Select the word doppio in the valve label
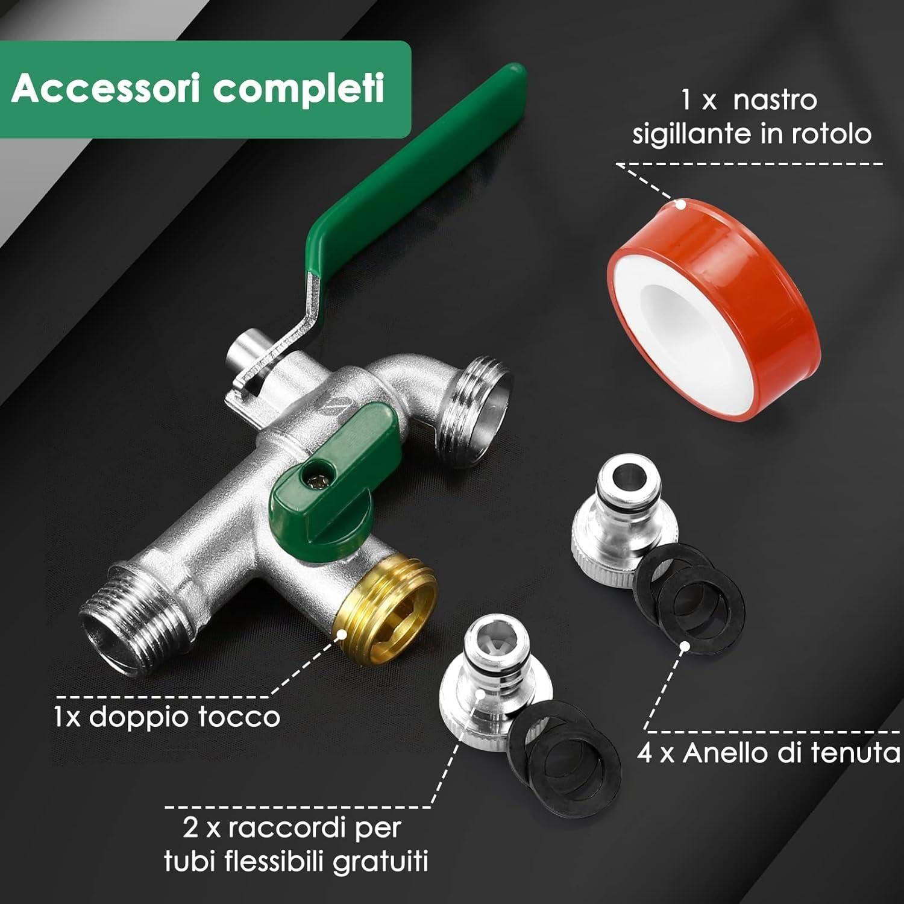click(x=143, y=718)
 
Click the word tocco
click(x=242, y=717)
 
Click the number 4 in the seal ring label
click(x=645, y=753)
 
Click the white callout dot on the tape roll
click(x=680, y=204)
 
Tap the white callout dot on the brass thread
click(x=341, y=634)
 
